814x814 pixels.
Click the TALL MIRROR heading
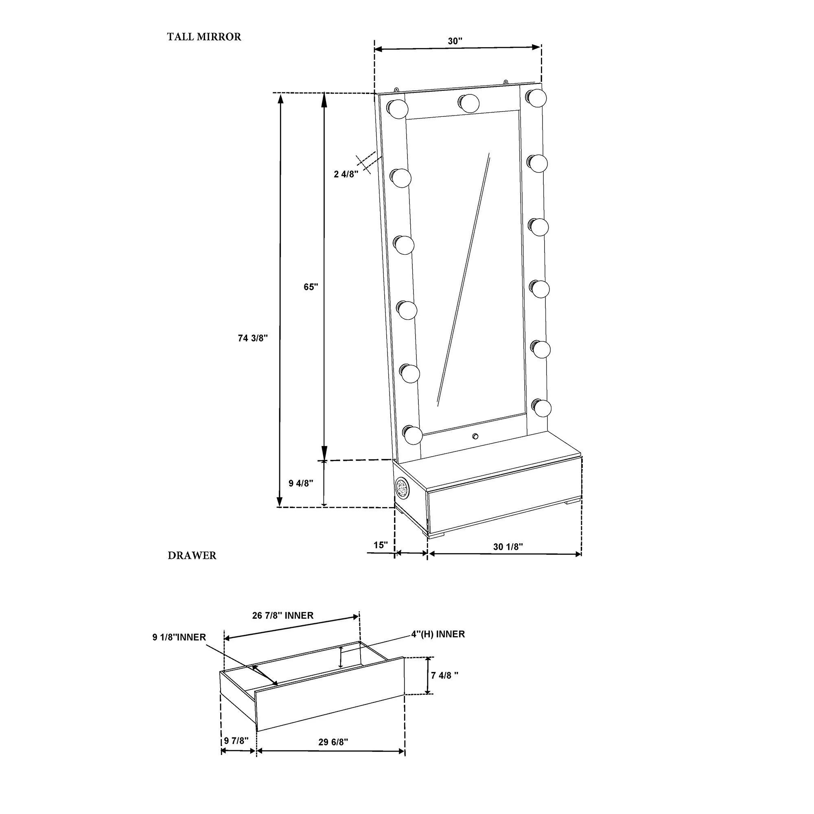(x=204, y=37)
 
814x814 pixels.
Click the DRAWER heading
(x=192, y=556)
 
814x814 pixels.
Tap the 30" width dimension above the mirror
(x=455, y=41)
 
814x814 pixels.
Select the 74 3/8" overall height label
(x=253, y=338)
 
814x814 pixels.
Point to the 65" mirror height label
(x=311, y=287)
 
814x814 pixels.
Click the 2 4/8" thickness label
(x=346, y=174)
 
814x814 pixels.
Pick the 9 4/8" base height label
(x=301, y=483)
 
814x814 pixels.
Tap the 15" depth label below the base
(x=381, y=545)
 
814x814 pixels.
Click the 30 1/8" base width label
(x=508, y=547)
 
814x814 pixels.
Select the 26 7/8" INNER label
(x=283, y=615)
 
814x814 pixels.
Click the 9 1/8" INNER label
(x=179, y=637)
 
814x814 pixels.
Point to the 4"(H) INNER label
(x=438, y=634)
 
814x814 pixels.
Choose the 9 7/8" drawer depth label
(x=236, y=741)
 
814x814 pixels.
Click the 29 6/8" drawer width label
(x=333, y=742)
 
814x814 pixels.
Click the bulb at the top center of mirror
(x=468, y=103)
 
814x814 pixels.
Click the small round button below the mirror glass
(x=476, y=436)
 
